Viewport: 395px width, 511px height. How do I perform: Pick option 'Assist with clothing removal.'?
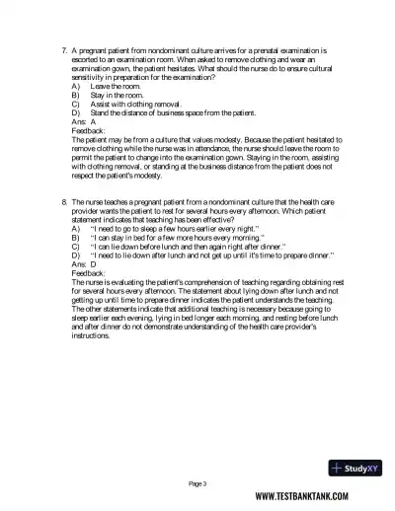[134, 105]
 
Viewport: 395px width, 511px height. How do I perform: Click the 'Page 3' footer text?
[197, 483]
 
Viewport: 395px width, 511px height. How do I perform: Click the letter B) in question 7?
[76, 96]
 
